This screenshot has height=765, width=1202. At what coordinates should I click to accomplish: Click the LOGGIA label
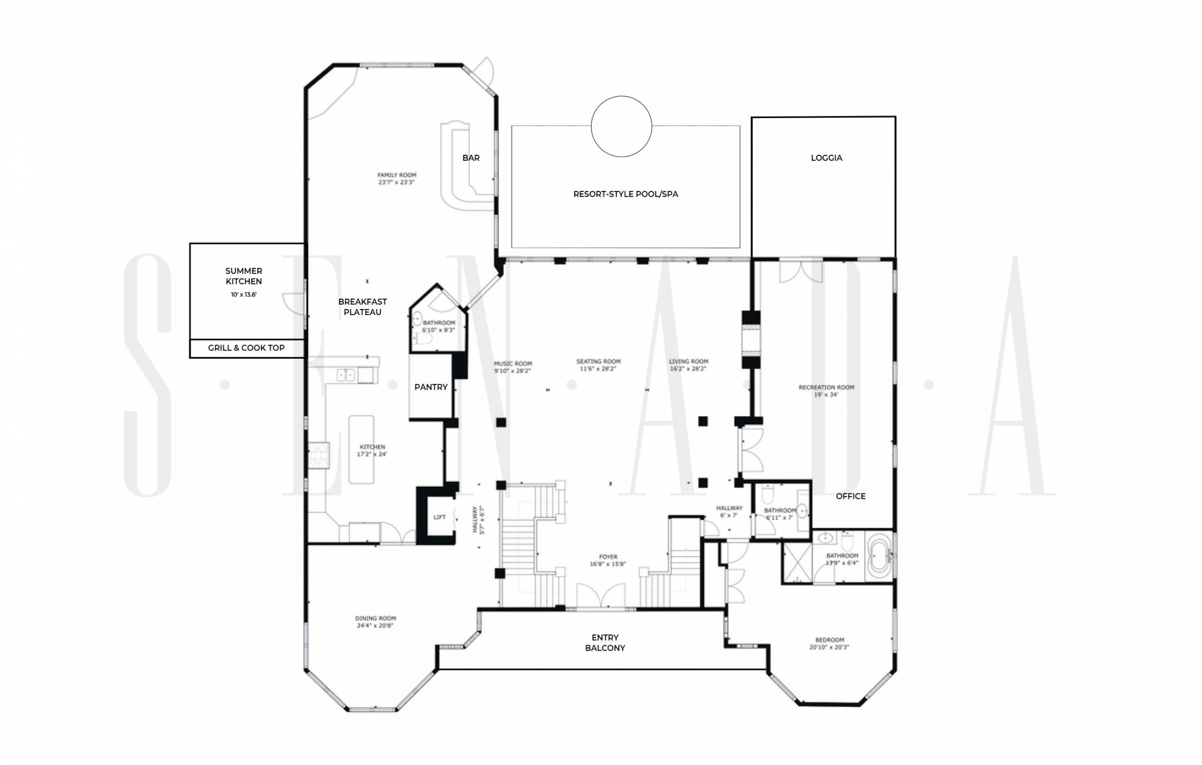826,158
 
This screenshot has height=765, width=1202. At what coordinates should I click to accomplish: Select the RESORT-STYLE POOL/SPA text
626,194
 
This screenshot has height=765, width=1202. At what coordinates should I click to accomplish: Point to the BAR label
471,158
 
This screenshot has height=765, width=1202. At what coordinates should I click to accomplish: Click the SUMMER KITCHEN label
244,276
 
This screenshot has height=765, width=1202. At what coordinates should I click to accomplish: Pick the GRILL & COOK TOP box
246,348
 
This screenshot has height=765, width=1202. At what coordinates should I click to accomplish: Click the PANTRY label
431,387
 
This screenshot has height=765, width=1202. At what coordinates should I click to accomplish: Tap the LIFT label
439,517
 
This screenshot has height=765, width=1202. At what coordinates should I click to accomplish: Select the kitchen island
362,449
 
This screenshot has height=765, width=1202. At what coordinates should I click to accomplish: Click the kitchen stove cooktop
319,456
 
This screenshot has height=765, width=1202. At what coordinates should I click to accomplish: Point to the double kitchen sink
346,375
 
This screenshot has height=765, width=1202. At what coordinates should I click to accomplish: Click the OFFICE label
851,497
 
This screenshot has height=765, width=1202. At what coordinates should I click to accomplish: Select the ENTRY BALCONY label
605,643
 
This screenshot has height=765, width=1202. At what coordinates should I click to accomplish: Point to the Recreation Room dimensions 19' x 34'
826,395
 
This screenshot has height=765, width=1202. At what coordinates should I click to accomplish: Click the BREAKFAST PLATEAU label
362,307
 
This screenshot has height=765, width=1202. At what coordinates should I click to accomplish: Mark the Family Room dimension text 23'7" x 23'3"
397,182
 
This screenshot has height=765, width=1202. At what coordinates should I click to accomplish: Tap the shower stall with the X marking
797,563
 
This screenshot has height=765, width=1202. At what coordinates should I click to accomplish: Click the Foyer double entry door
601,596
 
